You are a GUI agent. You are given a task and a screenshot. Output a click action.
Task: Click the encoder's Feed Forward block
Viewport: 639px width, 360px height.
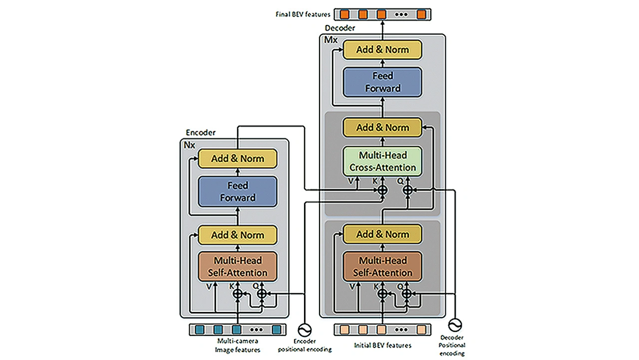(x=238, y=192)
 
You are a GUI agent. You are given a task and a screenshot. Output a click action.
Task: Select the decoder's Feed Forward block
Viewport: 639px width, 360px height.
(x=382, y=82)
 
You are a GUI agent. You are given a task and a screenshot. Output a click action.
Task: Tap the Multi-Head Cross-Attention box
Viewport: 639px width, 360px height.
(x=382, y=161)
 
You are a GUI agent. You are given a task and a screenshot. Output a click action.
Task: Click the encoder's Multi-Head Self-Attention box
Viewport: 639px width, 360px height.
(x=238, y=267)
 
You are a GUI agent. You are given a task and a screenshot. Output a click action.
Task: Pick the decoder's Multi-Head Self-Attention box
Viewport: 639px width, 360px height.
(x=382, y=267)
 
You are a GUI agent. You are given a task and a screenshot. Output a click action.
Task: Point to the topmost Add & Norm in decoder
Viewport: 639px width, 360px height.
(x=382, y=50)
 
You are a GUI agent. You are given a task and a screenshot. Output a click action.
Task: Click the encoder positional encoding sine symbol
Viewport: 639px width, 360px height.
(x=304, y=330)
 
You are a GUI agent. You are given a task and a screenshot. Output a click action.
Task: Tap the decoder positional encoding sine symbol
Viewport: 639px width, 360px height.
(x=455, y=325)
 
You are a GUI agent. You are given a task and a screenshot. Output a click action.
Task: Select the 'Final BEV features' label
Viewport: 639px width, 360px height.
(x=303, y=14)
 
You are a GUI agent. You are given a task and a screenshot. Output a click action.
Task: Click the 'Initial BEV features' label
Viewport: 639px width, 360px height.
(x=382, y=345)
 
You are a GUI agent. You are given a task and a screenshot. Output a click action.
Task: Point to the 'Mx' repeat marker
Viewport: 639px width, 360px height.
(x=330, y=39)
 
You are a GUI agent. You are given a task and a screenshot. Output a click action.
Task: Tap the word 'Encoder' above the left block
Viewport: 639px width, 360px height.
(x=201, y=133)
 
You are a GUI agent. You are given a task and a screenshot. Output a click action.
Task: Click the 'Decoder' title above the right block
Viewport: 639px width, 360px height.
(x=340, y=27)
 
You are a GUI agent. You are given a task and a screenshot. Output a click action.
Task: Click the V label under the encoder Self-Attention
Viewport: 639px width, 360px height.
(x=208, y=287)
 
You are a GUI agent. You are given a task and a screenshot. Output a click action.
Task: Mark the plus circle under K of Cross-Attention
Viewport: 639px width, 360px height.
(x=382, y=190)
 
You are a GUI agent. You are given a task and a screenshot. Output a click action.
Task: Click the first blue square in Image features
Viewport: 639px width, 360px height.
(x=200, y=330)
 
